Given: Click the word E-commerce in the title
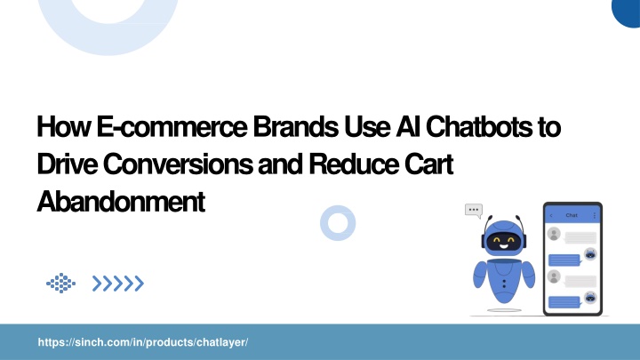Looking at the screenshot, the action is pos(172,127).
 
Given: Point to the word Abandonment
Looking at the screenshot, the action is pos(121,201).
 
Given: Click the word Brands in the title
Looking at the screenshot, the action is pos(295,126).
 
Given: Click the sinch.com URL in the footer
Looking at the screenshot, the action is pos(143,342).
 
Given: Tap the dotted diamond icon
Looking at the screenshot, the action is pos(60,283).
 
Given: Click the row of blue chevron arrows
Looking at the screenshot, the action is pos(118,284).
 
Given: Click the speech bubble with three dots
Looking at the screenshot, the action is pos(474,211).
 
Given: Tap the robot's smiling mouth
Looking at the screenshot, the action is pos(503,246).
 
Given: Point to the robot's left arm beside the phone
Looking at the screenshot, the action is pos(529,274).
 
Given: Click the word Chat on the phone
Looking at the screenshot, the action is pos(572,215).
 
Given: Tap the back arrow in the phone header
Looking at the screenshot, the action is pos(551,215).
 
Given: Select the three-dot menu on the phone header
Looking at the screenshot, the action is pos(595,215).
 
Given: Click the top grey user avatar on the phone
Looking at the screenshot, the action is pos(554,235).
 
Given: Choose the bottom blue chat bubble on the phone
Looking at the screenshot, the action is pos(564,302).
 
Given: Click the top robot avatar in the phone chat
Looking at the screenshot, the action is pos(590,254).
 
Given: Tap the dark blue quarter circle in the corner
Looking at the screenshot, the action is pos(626,12).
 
